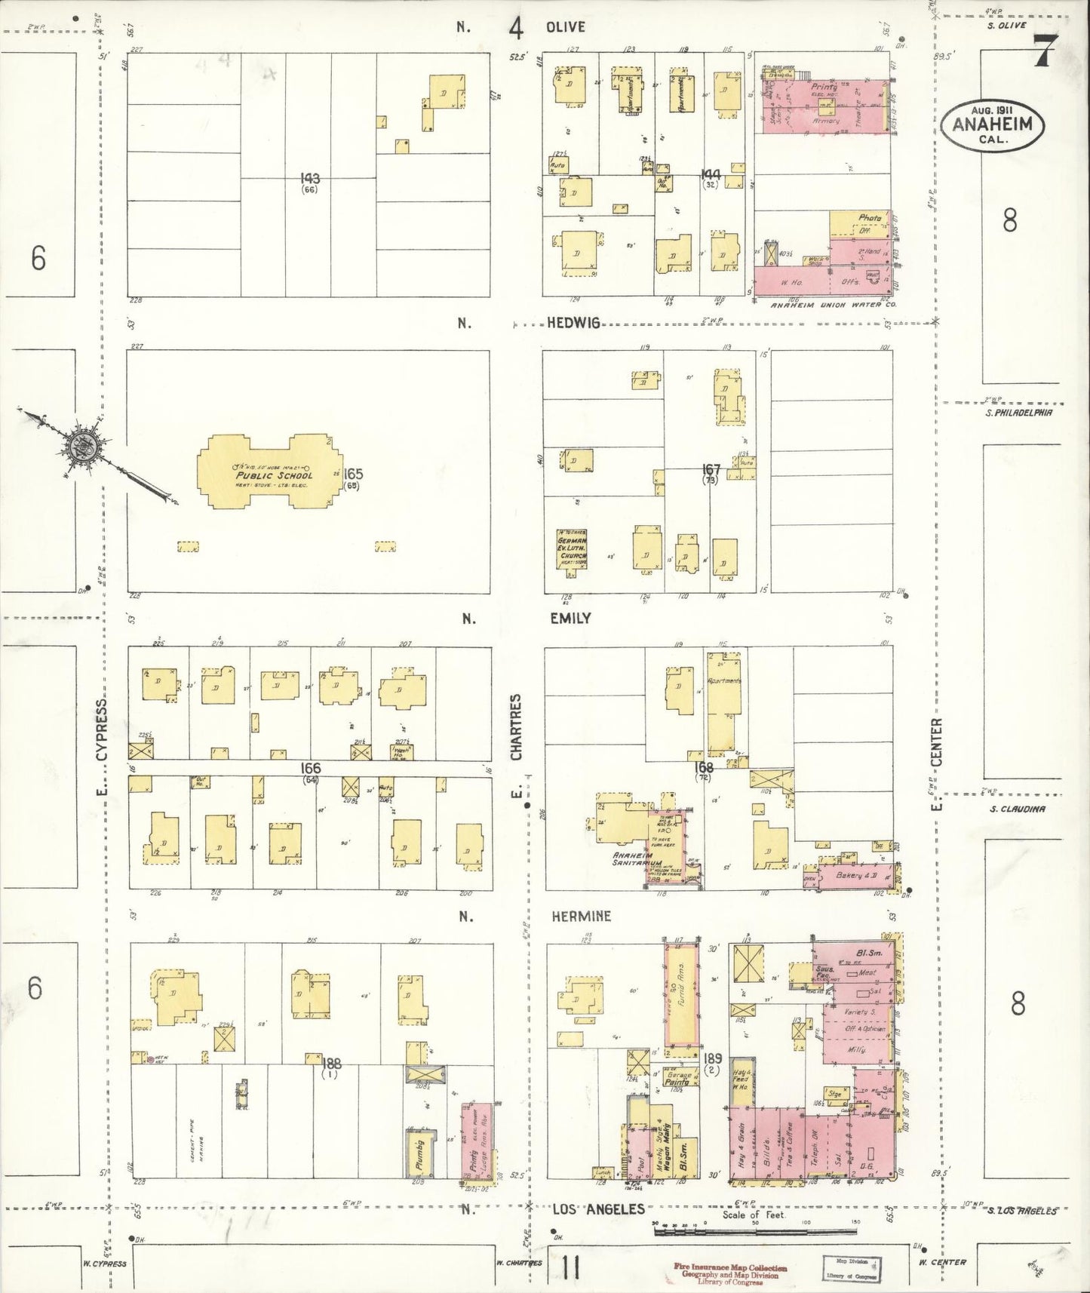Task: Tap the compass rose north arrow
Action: coord(83,446)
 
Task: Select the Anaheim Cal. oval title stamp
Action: coord(992,126)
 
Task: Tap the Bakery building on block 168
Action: coord(855,876)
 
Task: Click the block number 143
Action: coord(309,179)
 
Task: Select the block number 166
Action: coord(310,768)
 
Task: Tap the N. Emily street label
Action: coord(571,618)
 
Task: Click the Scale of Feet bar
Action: coord(754,1230)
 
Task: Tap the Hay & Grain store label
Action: coord(742,1150)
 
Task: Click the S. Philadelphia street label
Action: coord(1018,413)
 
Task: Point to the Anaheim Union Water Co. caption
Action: coord(832,306)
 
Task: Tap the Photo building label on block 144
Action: coord(869,217)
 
